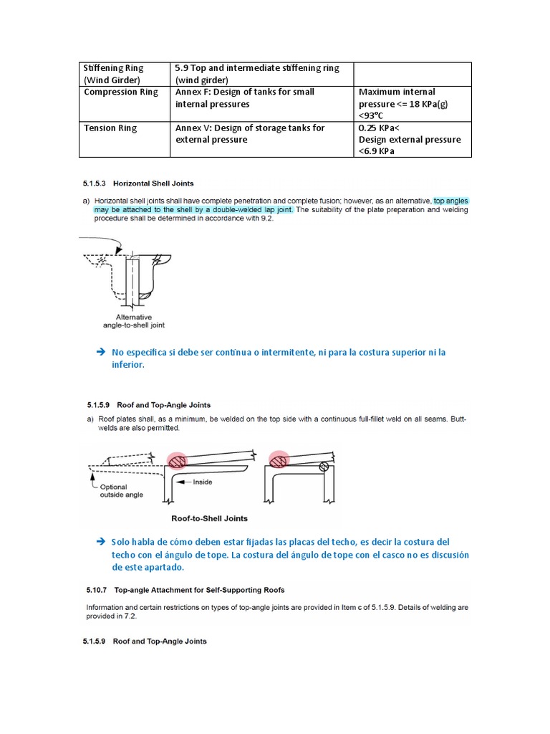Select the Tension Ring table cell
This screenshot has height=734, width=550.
pos(110,128)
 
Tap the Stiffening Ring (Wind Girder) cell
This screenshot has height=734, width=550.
pos(115,74)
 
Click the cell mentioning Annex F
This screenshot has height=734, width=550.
pos(245,98)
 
